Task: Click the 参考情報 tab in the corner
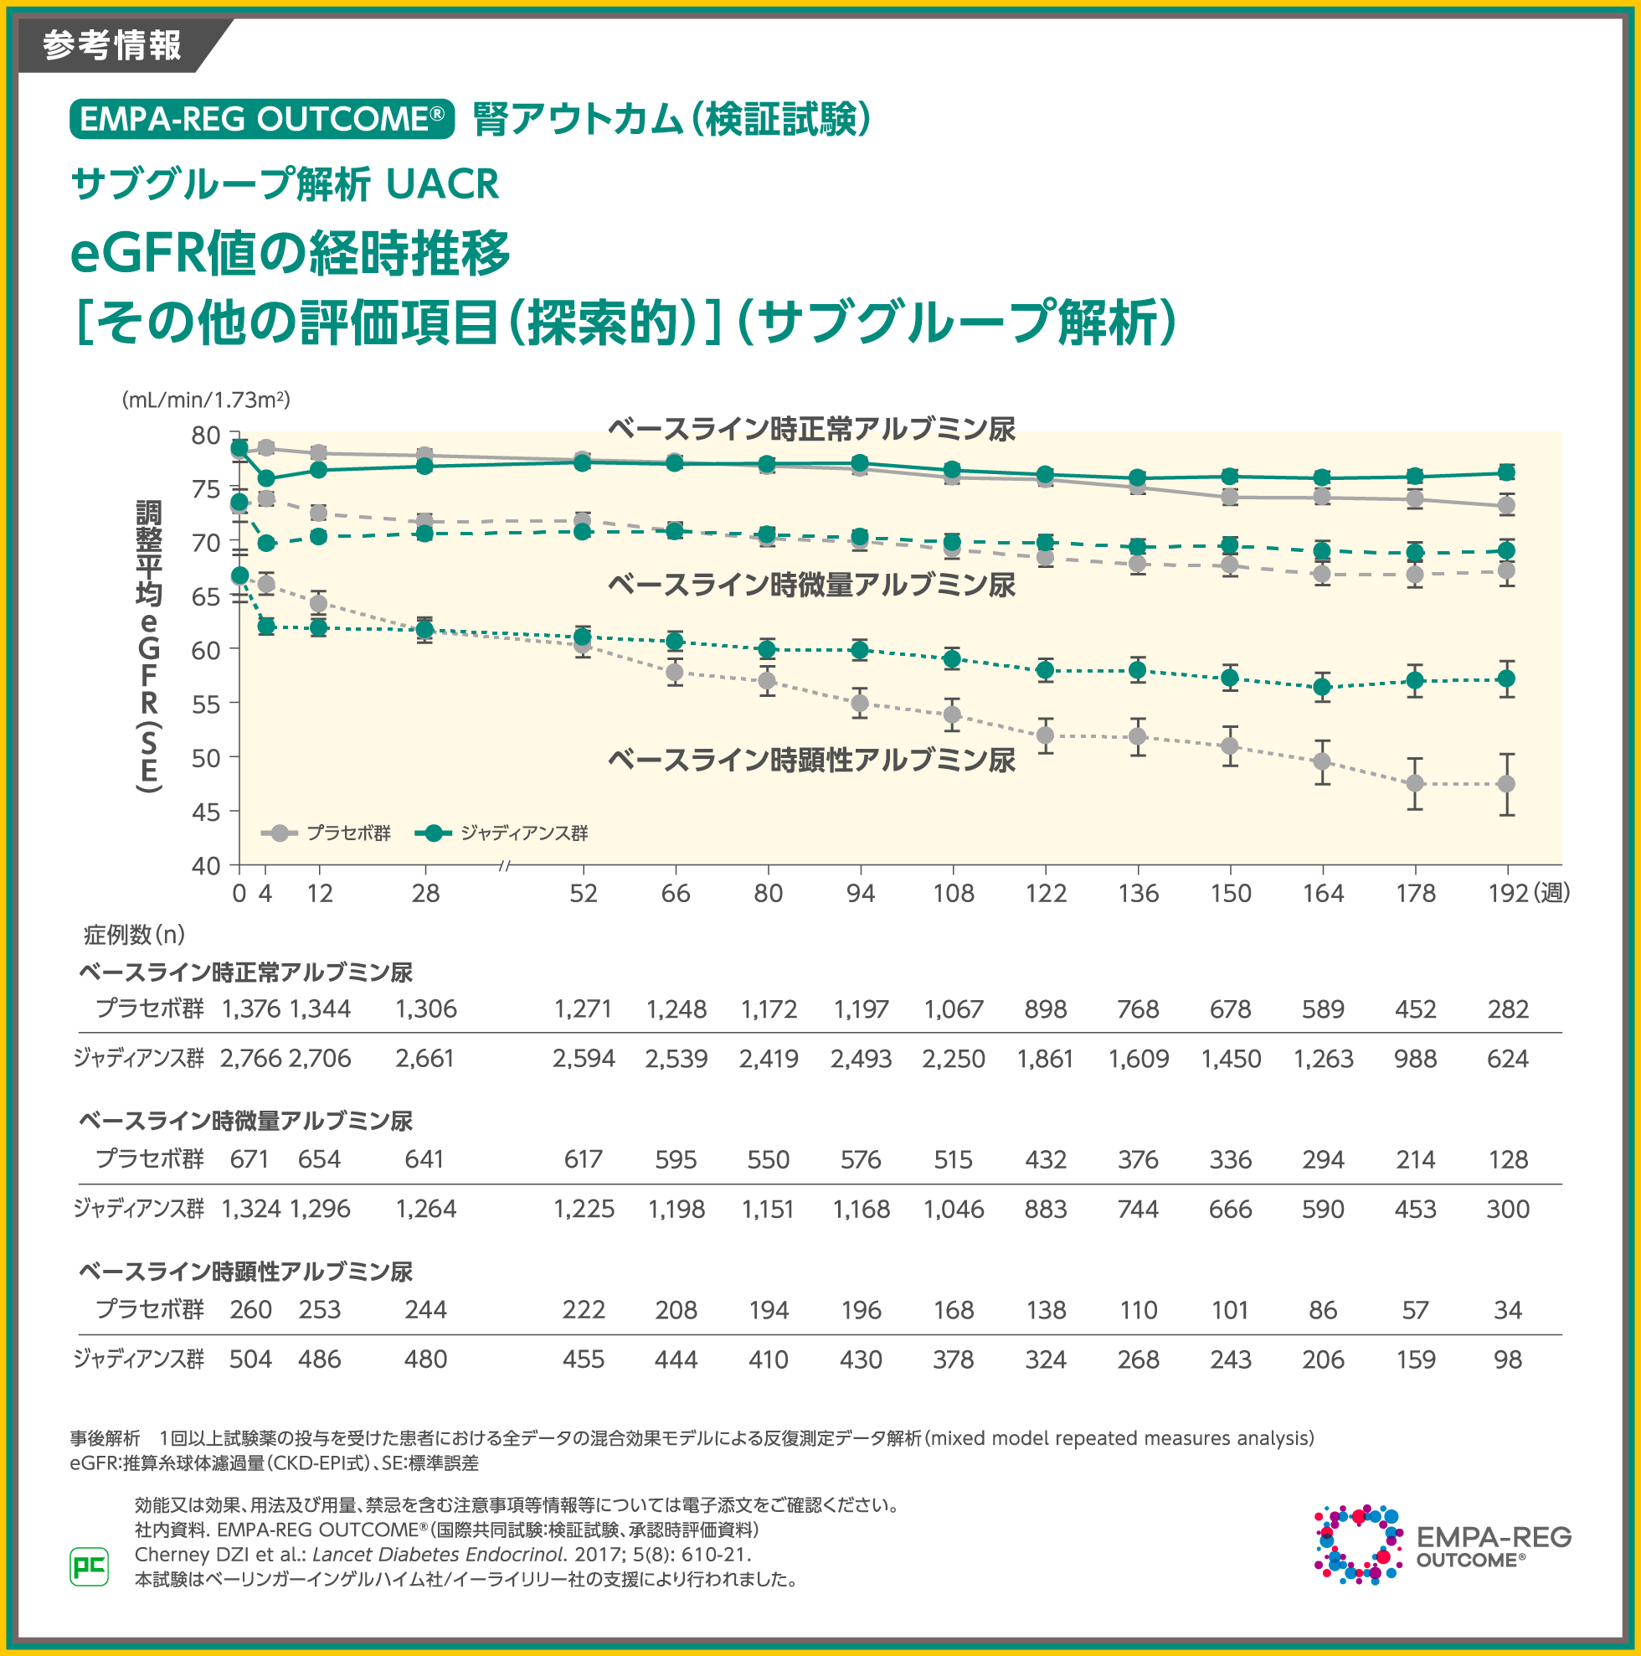pyautogui.click(x=111, y=44)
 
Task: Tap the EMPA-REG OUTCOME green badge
pyautogui.click(x=261, y=119)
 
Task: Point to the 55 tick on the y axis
pyautogui.click(x=206, y=704)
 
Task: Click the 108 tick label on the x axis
pyautogui.click(x=953, y=894)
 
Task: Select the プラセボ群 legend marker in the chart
pyautogui.click(x=280, y=833)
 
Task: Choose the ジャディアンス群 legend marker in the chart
pyautogui.click(x=434, y=833)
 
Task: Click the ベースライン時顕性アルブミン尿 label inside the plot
pyautogui.click(x=811, y=761)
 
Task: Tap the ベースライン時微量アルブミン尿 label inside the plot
pyautogui.click(x=811, y=586)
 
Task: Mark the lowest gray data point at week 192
pyautogui.click(x=1505, y=784)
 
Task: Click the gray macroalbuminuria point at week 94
pyautogui.click(x=860, y=704)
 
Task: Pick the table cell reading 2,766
pyautogui.click(x=250, y=1059)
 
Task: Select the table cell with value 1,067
pyautogui.click(x=953, y=1009)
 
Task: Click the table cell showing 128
pyautogui.click(x=1507, y=1160)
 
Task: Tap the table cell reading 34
pyautogui.click(x=1507, y=1310)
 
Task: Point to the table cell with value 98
pyautogui.click(x=1507, y=1359)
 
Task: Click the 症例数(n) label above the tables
pyautogui.click(x=135, y=934)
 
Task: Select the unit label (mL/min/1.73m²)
pyautogui.click(x=207, y=400)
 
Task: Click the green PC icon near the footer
pyautogui.click(x=89, y=1567)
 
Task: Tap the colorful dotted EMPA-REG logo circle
pyautogui.click(x=1357, y=1544)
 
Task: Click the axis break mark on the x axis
pyautogui.click(x=505, y=866)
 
